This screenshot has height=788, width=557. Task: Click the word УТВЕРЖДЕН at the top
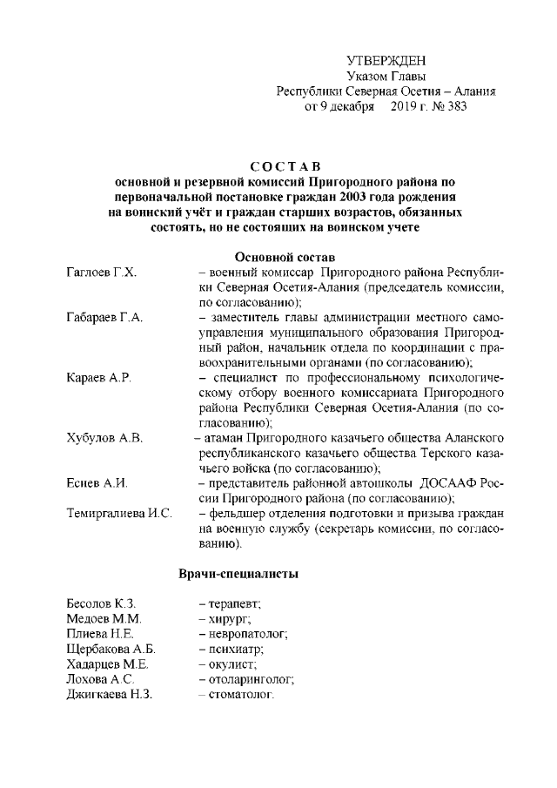click(386, 60)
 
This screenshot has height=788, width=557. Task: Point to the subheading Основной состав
click(286, 257)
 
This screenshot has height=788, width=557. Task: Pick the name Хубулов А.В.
click(104, 437)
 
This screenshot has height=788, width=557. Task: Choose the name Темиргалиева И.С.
click(119, 513)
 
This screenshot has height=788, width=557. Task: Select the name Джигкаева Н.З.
click(110, 694)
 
